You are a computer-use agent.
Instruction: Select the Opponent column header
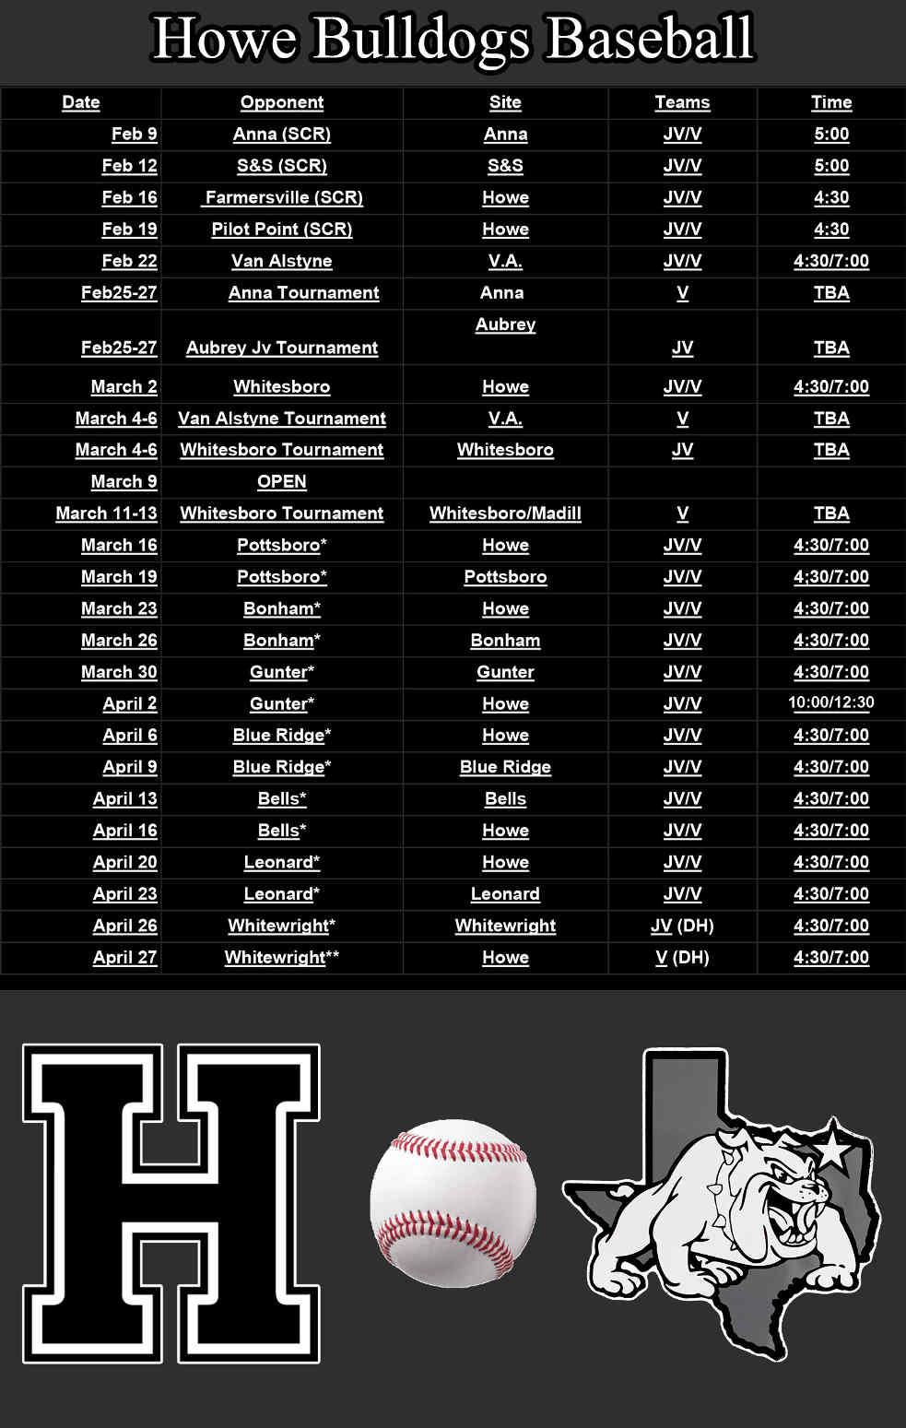click(x=281, y=102)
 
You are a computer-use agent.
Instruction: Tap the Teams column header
click(x=682, y=102)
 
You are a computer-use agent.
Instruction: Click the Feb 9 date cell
click(x=134, y=134)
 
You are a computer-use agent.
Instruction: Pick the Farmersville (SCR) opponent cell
click(x=284, y=197)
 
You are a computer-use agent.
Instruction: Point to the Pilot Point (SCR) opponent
click(x=281, y=229)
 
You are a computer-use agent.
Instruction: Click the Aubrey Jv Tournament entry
click(x=281, y=348)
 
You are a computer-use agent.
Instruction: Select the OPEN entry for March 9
click(x=281, y=481)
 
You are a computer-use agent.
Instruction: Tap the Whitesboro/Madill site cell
click(x=505, y=513)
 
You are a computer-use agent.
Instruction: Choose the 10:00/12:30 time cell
click(x=830, y=702)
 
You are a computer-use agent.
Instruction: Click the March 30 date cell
click(x=119, y=672)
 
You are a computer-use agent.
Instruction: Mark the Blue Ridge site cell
click(x=505, y=767)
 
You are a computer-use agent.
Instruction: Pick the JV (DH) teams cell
click(x=682, y=926)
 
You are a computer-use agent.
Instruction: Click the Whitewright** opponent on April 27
click(x=281, y=957)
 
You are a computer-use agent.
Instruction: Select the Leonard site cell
click(x=505, y=893)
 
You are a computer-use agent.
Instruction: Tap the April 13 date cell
click(x=124, y=798)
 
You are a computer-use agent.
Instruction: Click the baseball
click(x=453, y=1203)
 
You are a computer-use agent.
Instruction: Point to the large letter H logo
click(x=171, y=1203)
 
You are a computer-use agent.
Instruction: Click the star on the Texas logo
click(x=833, y=1148)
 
